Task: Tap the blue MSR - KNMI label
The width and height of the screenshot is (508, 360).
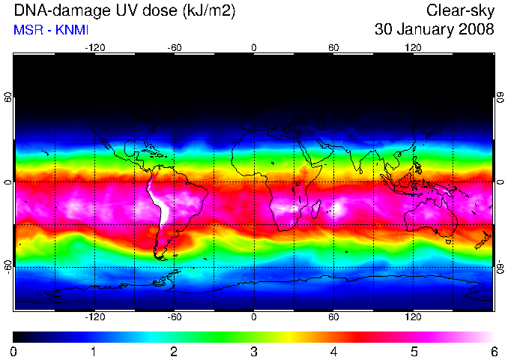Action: coord(51,30)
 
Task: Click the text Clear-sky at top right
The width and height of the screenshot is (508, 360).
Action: coord(460,10)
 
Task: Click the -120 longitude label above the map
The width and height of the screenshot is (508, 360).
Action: coord(95,48)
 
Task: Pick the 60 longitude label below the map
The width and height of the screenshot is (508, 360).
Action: coord(333,316)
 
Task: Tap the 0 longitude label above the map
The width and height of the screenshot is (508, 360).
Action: coord(254,48)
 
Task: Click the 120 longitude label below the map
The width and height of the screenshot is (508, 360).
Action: coord(413,316)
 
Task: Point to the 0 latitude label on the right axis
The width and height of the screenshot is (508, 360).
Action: coord(501,182)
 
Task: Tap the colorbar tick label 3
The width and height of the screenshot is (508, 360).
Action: coord(254,352)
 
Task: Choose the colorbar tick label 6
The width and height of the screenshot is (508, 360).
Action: coord(494,352)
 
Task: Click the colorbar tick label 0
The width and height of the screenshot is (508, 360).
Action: coord(13,352)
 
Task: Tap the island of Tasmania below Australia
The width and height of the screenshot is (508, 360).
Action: coord(449,241)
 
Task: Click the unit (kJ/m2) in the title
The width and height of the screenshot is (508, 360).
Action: coord(208,11)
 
